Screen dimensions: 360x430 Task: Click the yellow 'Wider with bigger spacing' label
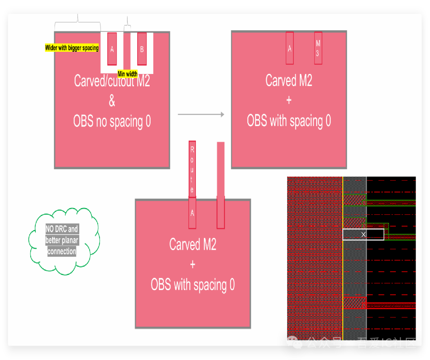click(x=72, y=48)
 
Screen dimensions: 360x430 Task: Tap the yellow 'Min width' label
click(x=127, y=74)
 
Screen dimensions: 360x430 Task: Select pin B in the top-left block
click(x=142, y=49)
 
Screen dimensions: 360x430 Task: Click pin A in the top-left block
click(x=112, y=49)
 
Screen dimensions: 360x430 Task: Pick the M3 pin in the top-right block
click(x=318, y=48)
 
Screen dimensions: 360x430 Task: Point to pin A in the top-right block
click(x=290, y=48)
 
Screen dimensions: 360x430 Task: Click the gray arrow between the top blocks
click(x=201, y=115)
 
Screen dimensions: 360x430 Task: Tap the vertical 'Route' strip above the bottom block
click(x=192, y=169)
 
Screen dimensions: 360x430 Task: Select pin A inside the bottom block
click(x=192, y=213)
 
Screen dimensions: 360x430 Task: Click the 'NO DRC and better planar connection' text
click(x=62, y=240)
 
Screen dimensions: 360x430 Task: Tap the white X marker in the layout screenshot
click(x=363, y=235)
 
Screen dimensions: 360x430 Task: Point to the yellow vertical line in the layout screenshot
click(x=343, y=259)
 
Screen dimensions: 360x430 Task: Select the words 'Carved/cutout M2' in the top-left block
click(x=112, y=81)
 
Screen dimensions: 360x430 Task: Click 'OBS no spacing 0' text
click(x=112, y=121)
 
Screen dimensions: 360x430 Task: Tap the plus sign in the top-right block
click(x=289, y=100)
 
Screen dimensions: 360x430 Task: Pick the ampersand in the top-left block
click(x=112, y=101)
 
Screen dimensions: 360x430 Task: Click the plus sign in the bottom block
click(x=193, y=265)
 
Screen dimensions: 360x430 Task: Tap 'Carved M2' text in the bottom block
click(x=193, y=244)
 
